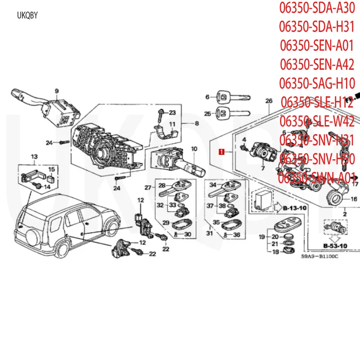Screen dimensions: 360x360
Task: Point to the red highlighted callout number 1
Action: (x=221, y=152)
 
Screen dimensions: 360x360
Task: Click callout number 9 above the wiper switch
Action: (x=57, y=91)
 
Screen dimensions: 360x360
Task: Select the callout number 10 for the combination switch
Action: (x=194, y=149)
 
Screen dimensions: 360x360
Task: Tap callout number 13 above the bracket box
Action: (x=34, y=157)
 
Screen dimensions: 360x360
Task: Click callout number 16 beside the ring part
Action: (x=354, y=198)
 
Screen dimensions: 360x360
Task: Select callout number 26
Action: (x=269, y=100)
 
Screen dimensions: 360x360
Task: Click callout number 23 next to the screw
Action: (x=172, y=112)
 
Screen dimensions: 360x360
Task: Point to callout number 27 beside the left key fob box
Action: (x=148, y=188)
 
